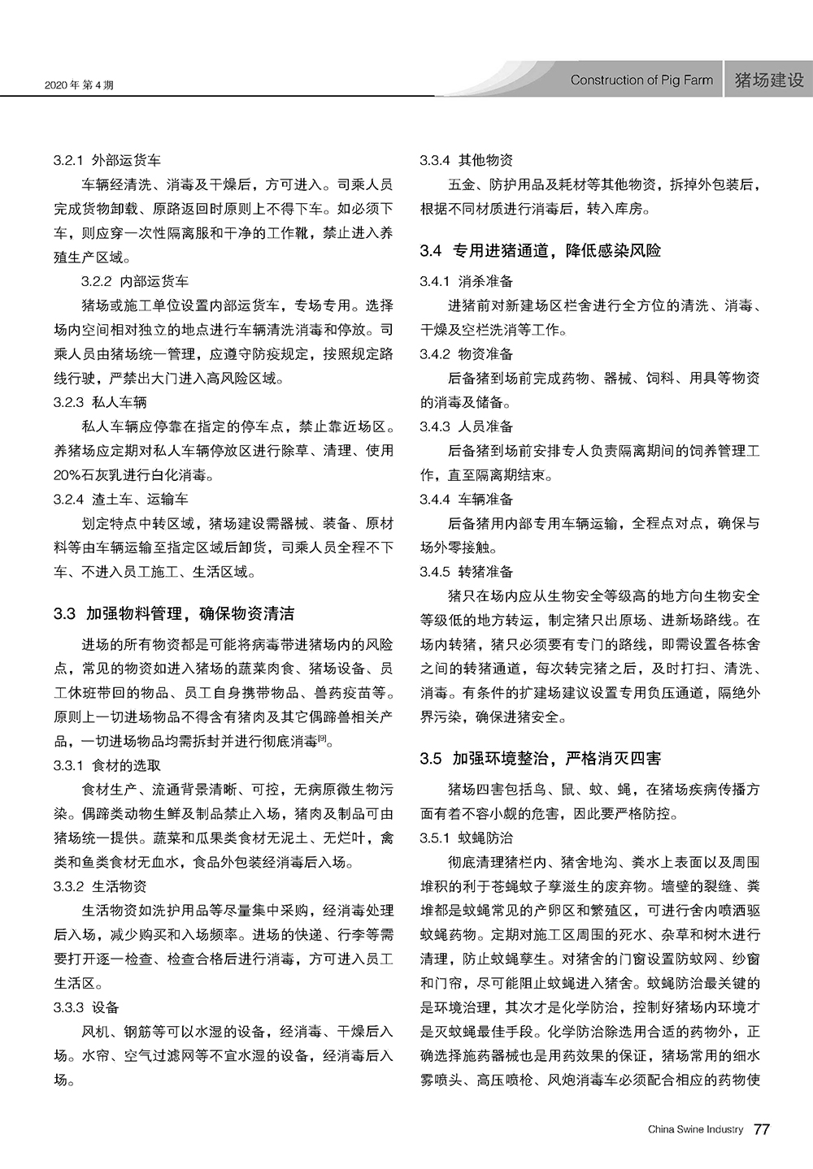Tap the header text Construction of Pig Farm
click(641, 80)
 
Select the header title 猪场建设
click(768, 80)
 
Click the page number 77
click(762, 1129)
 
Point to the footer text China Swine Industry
click(695, 1129)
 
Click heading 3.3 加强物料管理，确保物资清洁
click(174, 613)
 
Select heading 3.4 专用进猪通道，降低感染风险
click(541, 250)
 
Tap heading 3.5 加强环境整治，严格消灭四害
click(541, 759)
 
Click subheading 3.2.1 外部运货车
click(107, 160)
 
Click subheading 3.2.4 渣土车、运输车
click(121, 499)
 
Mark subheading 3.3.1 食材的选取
click(107, 765)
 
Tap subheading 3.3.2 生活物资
click(101, 885)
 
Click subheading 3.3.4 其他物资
click(467, 160)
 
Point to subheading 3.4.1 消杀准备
click(467, 281)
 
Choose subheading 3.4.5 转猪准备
click(467, 571)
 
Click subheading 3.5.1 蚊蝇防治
click(467, 837)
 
